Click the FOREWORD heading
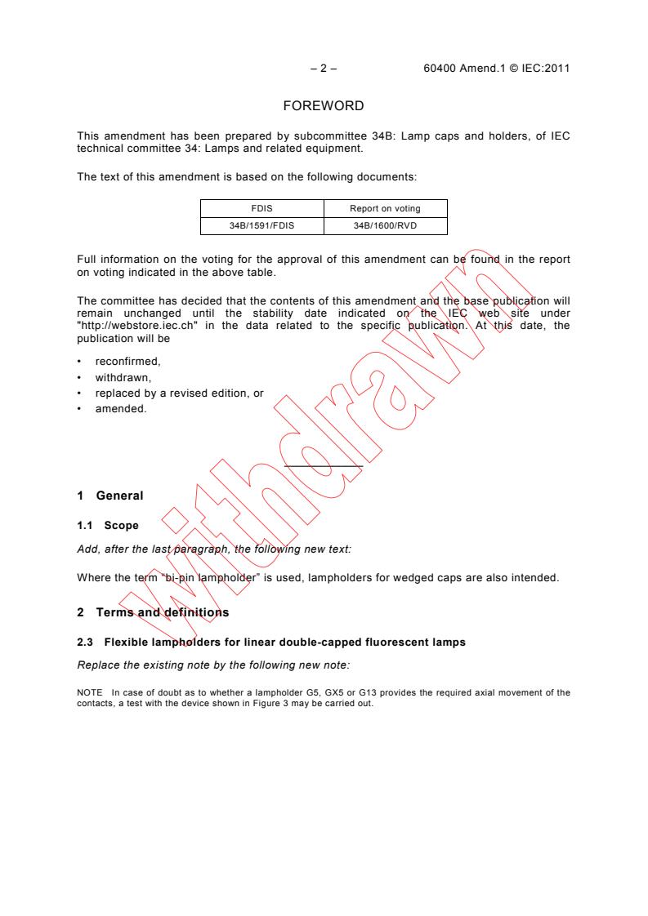click(x=323, y=106)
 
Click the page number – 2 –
click(x=324, y=69)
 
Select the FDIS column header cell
click(x=262, y=209)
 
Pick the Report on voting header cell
click(x=385, y=209)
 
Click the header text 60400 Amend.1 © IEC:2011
click(x=491, y=69)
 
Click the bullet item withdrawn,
click(x=118, y=379)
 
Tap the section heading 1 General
click(x=109, y=496)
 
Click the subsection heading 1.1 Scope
click(x=107, y=526)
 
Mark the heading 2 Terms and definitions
click(x=153, y=612)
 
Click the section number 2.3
click(x=84, y=643)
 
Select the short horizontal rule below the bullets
click(x=323, y=466)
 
